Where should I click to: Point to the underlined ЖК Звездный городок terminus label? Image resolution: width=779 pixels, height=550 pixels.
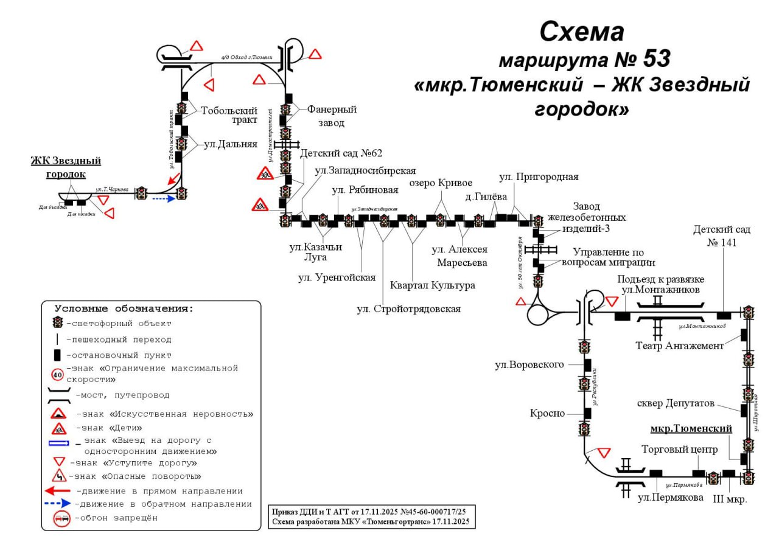pyautogui.click(x=66, y=167)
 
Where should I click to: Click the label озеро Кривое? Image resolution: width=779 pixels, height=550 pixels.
pyautogui.click(x=441, y=183)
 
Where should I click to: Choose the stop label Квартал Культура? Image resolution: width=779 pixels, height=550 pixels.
pyautogui.click(x=432, y=285)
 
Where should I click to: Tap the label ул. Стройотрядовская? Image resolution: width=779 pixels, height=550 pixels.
pyautogui.click(x=408, y=309)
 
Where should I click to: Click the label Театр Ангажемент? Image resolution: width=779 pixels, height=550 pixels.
pyautogui.click(x=680, y=346)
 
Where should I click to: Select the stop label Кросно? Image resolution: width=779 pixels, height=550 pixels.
pyautogui.click(x=547, y=414)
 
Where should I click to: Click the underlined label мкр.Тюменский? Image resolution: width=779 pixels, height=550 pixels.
pyautogui.click(x=691, y=429)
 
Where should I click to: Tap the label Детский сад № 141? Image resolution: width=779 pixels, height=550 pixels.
pyautogui.click(x=721, y=235)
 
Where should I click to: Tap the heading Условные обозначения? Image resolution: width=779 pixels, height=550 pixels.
pyautogui.click(x=124, y=308)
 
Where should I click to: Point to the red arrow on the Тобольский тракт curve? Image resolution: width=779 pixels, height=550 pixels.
pyautogui.click(x=173, y=178)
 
